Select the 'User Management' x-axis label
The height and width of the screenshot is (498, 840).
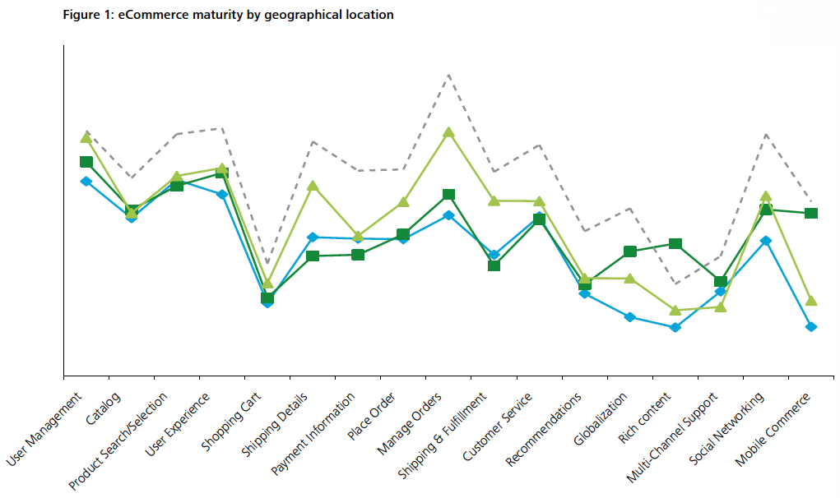pos(45,430)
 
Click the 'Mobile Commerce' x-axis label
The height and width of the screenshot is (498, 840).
pos(773,429)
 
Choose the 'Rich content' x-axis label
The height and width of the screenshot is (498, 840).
pos(645,418)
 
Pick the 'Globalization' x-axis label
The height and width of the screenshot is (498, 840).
pos(599,420)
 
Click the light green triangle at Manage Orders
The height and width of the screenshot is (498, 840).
pos(448,132)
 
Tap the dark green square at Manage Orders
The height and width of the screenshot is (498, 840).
pos(448,195)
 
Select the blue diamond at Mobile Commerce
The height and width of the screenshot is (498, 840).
pos(811,327)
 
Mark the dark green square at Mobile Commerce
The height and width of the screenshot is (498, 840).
pos(811,214)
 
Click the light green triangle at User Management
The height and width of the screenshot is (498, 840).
pos(86,136)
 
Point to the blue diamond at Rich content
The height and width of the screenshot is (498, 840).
pos(675,327)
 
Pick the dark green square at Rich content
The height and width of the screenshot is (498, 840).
pos(675,244)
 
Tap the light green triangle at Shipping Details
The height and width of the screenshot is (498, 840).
pos(313,186)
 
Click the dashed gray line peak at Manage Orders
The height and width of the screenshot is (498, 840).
pos(448,75)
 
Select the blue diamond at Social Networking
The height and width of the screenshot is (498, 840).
pos(766,241)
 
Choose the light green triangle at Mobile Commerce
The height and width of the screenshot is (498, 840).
pos(811,301)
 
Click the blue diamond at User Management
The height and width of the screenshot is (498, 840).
pos(86,181)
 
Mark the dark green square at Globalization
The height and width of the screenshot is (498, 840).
pos(630,251)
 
